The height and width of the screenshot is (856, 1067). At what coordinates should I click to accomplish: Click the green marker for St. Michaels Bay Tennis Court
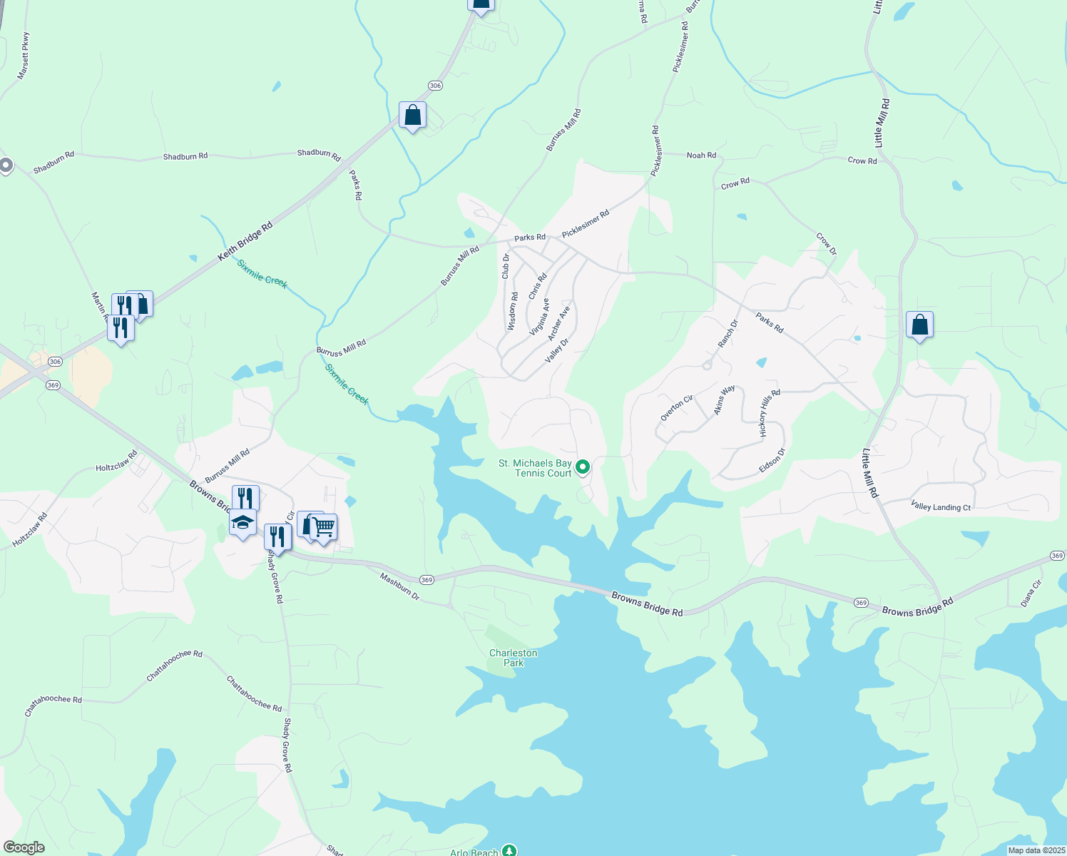pyautogui.click(x=583, y=467)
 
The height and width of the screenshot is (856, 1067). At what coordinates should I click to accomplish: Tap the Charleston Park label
pyautogui.click(x=514, y=658)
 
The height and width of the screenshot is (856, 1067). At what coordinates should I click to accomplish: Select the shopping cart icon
pyautogui.click(x=325, y=528)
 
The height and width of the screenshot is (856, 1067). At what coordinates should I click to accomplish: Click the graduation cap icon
pyautogui.click(x=242, y=523)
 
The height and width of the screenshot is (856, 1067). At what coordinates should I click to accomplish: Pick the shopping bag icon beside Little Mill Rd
pyautogui.click(x=919, y=325)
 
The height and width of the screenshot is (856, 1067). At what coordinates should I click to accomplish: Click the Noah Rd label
pyautogui.click(x=701, y=155)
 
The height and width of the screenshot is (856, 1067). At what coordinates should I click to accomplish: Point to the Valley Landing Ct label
pyautogui.click(x=941, y=507)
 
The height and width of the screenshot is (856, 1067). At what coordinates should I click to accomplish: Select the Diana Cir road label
pyautogui.click(x=1031, y=593)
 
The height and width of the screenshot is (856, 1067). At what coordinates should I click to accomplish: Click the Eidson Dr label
pyautogui.click(x=772, y=460)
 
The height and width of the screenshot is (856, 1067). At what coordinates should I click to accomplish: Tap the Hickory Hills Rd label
pyautogui.click(x=770, y=413)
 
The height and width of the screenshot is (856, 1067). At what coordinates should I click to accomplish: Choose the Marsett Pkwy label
pyautogui.click(x=24, y=56)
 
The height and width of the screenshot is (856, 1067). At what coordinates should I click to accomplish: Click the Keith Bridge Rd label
pyautogui.click(x=245, y=242)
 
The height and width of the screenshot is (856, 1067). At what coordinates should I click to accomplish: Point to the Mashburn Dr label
pyautogui.click(x=399, y=586)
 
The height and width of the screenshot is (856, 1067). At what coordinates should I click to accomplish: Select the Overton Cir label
pyautogui.click(x=677, y=408)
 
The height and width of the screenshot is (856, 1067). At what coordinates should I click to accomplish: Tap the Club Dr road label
pyautogui.click(x=506, y=266)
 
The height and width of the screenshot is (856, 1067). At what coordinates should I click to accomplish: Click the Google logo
pyautogui.click(x=24, y=847)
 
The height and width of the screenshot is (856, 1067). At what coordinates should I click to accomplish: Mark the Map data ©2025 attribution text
pyautogui.click(x=1036, y=850)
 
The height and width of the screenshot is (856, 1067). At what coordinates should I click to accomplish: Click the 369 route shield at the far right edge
pyautogui.click(x=1057, y=556)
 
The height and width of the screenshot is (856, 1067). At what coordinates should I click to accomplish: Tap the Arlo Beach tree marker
pyautogui.click(x=509, y=850)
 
